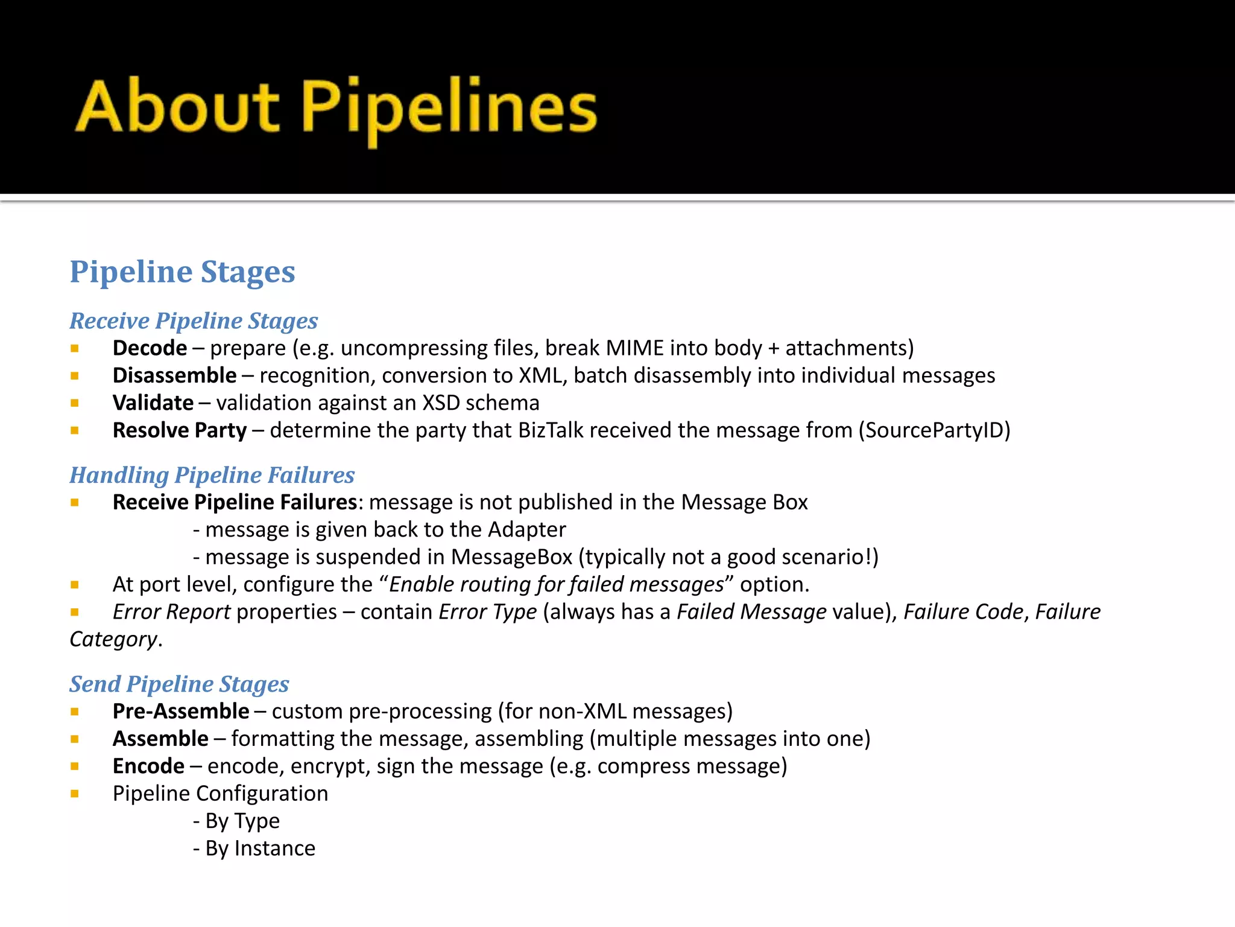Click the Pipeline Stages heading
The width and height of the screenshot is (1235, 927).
(182, 272)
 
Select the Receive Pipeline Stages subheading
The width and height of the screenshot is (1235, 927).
(194, 320)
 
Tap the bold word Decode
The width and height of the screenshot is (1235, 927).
(150, 348)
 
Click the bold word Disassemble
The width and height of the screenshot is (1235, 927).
(174, 375)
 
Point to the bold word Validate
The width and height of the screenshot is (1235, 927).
(153, 403)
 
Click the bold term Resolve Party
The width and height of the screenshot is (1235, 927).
(180, 430)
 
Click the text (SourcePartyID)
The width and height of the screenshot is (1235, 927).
(934, 430)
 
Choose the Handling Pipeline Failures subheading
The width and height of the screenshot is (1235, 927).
(212, 475)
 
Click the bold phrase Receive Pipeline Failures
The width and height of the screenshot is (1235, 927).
(235, 502)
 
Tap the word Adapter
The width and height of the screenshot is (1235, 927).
(526, 529)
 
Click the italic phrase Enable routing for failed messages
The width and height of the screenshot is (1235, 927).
(556, 584)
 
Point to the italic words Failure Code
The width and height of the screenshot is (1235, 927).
(963, 612)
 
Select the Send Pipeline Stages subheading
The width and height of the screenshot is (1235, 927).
(179, 684)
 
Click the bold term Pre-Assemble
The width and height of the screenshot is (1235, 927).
(181, 711)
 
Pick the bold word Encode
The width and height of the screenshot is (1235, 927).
(148, 766)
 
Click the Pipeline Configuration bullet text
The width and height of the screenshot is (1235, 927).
(220, 794)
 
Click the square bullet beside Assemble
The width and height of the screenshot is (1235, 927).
(75, 739)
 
